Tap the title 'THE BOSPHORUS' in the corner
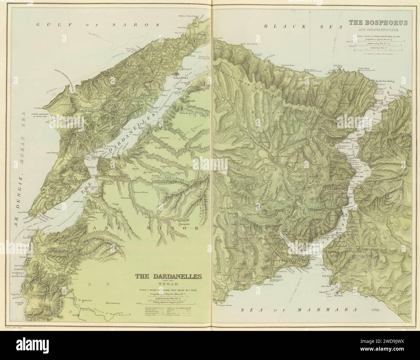[x=378, y=23]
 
